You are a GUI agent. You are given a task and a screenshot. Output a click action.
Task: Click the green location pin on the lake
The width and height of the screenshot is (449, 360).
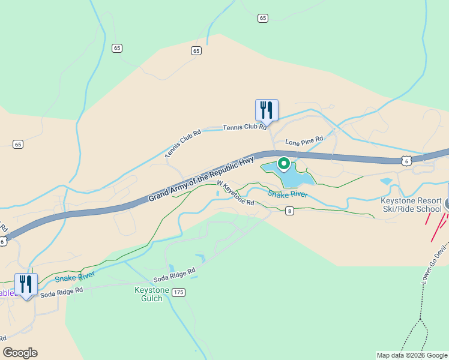pyautogui.click(x=283, y=163)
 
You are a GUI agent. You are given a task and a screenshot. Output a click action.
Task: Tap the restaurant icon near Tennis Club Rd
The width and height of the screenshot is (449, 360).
pyautogui.click(x=267, y=110)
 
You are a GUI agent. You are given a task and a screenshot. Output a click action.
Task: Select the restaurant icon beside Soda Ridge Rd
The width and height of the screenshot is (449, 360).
pyautogui.click(x=26, y=284)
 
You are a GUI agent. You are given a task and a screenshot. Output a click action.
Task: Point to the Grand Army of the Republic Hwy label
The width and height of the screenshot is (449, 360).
pyautogui.click(x=201, y=179)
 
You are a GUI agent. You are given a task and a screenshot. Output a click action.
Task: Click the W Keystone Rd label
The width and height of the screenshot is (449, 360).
pyautogui.click(x=235, y=194)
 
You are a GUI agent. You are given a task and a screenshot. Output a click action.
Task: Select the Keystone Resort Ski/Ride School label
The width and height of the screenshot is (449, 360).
pyautogui.click(x=411, y=205)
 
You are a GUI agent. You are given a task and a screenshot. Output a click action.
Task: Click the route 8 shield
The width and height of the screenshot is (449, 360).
pyautogui.click(x=290, y=211)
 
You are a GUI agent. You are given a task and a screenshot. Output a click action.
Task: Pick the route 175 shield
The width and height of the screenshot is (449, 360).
pyautogui.click(x=178, y=292)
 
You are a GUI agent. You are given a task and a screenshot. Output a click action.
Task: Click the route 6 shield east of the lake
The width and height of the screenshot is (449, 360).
pyautogui.click(x=407, y=160)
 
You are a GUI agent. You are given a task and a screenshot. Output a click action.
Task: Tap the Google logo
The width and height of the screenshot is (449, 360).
pyautogui.click(x=20, y=353)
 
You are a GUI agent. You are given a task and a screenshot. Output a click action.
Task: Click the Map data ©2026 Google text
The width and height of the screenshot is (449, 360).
pyautogui.click(x=411, y=355)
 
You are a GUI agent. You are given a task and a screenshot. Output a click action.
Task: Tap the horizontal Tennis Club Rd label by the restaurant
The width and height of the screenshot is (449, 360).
pyautogui.click(x=244, y=127)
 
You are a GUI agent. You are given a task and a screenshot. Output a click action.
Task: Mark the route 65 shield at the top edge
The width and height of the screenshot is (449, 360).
pyautogui.click(x=263, y=19)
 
